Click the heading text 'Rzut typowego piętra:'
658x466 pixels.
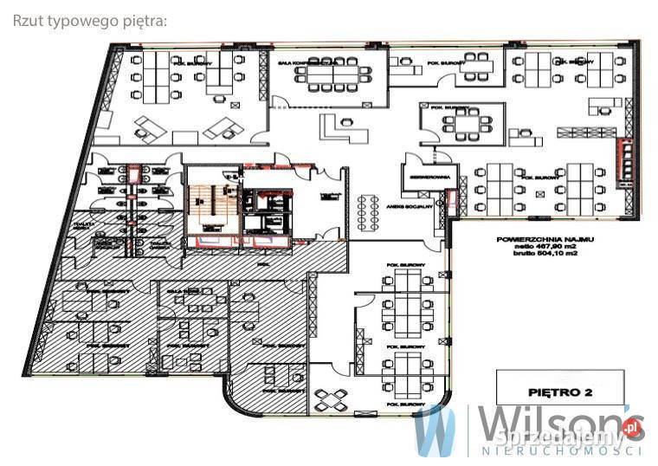89,21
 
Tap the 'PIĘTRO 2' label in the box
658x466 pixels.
563,391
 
